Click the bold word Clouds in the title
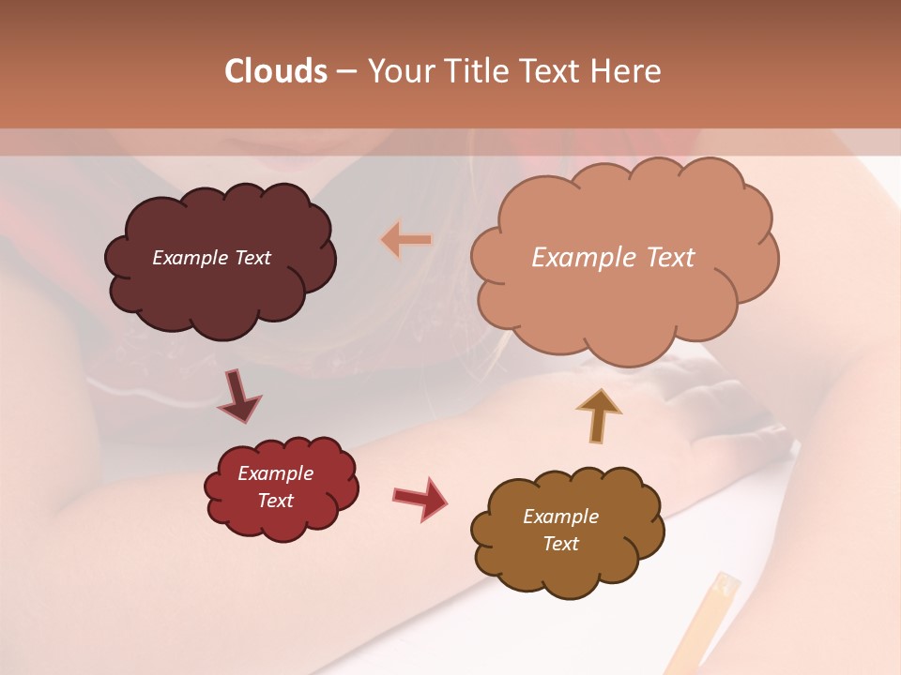point(276,71)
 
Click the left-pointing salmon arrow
point(406,240)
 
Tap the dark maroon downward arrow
point(239,396)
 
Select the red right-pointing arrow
point(420,498)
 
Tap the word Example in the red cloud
point(275,473)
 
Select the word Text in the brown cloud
point(560,544)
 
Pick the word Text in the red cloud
point(275,501)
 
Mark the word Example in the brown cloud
point(560,517)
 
